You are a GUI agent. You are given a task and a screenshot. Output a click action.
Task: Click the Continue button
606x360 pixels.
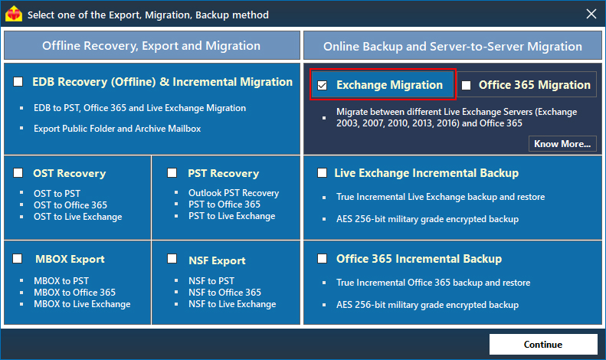point(542,344)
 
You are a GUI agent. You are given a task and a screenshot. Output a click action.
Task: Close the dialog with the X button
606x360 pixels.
point(591,14)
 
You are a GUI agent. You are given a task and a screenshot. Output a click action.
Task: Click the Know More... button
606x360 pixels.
point(563,143)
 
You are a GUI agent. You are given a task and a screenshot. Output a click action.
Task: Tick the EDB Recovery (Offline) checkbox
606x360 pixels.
point(18,82)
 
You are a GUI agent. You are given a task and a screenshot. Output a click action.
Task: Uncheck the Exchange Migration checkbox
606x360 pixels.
point(323,85)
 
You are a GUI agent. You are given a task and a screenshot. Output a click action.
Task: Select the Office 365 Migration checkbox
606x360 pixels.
point(467,85)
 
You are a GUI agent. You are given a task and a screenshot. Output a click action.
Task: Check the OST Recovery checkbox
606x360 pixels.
point(18,173)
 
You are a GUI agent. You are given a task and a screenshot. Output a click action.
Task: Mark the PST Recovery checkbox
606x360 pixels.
point(172,173)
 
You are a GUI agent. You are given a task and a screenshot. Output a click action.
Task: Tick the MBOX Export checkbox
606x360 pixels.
point(18,259)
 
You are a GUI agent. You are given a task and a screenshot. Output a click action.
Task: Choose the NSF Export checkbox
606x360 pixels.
point(172,260)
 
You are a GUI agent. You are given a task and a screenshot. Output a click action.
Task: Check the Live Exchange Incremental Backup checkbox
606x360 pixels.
point(323,173)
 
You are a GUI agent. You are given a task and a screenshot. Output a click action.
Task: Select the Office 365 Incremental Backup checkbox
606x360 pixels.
point(323,259)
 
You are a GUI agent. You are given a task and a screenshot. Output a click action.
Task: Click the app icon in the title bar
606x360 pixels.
point(15,15)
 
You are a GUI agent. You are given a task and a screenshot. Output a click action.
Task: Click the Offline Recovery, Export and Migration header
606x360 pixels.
point(151,46)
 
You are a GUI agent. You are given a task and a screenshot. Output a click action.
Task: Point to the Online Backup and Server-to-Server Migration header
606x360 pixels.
point(452,46)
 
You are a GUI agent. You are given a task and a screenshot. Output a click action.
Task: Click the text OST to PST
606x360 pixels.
point(57,194)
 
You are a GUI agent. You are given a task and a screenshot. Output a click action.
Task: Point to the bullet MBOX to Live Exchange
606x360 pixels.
point(82,304)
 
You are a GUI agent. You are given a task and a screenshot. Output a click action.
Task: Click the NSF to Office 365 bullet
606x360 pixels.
point(224,293)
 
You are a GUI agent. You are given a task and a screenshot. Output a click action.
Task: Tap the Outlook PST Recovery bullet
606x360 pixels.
point(234,193)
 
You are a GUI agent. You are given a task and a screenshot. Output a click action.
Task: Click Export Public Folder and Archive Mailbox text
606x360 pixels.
point(117,129)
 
